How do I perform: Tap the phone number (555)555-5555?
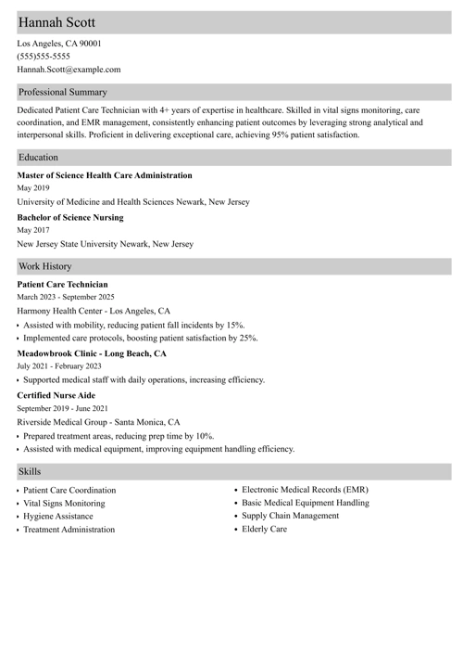point(44,56)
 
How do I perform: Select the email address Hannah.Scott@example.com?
point(69,69)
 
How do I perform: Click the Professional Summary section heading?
point(62,92)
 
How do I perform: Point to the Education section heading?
point(38,158)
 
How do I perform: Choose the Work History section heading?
point(44,266)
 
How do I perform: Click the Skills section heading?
point(30,471)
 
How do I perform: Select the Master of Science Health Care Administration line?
point(105,175)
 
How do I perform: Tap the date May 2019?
point(33,188)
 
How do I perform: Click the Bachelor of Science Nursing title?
point(69,218)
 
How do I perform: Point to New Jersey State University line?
point(105,244)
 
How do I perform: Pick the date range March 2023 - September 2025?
point(66,297)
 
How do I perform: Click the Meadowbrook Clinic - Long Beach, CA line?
point(92,353)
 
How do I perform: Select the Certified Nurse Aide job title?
point(56,395)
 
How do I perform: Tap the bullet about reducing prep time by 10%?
point(119,435)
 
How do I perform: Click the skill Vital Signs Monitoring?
point(64,503)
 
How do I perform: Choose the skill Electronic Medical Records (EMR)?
point(305,489)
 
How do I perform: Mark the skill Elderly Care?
point(265,529)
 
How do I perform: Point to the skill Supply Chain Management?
point(290,516)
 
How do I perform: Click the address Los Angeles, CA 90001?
point(59,43)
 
